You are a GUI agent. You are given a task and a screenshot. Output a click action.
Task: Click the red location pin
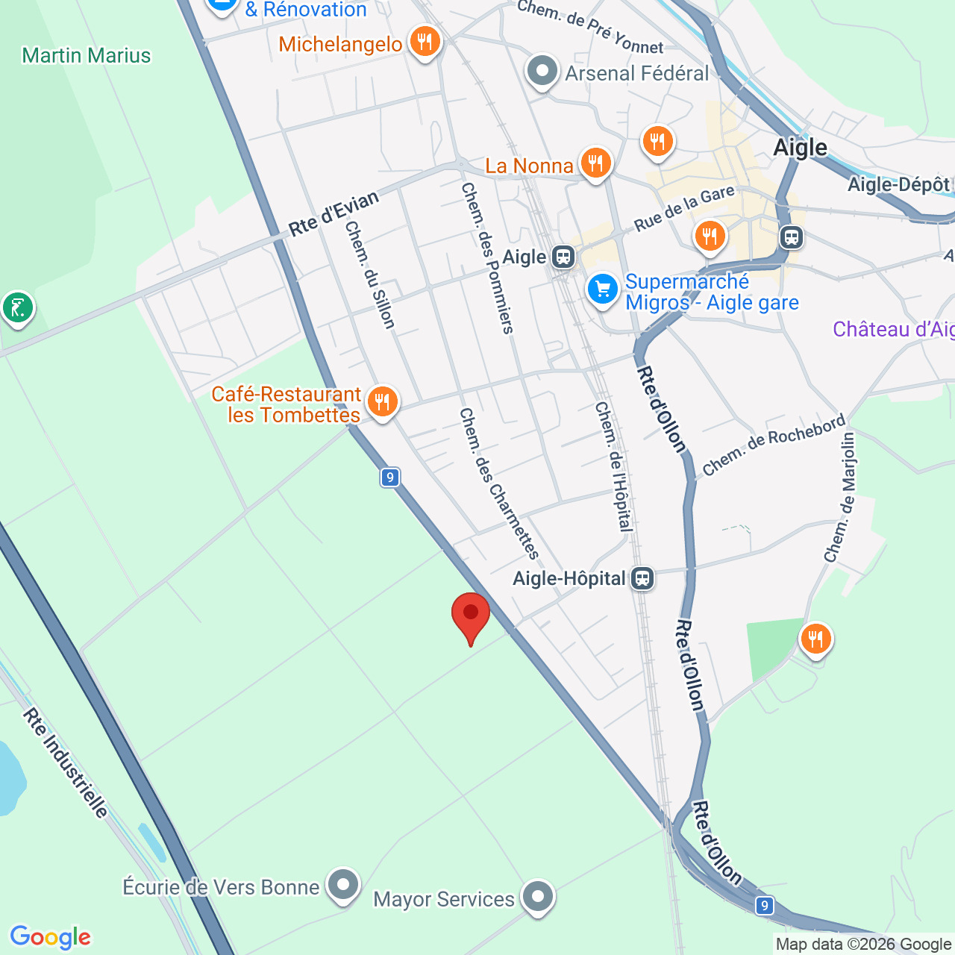471,616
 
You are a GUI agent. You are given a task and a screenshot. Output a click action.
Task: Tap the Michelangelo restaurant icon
425,42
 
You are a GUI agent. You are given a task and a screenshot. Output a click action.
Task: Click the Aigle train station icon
563,257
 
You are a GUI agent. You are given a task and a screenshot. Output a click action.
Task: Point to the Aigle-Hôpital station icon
642,578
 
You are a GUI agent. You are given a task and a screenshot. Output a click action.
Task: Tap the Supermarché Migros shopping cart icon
602,290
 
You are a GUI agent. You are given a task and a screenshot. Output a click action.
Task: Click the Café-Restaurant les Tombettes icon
382,402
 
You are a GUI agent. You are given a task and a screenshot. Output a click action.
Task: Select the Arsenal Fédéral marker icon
542,72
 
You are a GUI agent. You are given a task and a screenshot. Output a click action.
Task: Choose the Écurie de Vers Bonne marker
343,885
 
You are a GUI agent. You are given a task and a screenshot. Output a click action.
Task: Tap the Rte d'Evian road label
334,213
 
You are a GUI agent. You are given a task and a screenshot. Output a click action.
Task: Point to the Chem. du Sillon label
369,275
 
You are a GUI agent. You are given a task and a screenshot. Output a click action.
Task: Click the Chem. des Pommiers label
487,257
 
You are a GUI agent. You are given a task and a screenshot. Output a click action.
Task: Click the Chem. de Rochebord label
774,445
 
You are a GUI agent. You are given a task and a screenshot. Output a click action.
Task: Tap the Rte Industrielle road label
66,763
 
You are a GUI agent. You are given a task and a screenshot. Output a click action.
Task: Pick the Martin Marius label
87,55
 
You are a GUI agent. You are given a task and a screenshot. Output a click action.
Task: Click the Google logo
51,937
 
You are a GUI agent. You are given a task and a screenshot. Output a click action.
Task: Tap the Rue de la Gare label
684,208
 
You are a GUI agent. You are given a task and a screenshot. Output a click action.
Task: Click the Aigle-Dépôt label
898,184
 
